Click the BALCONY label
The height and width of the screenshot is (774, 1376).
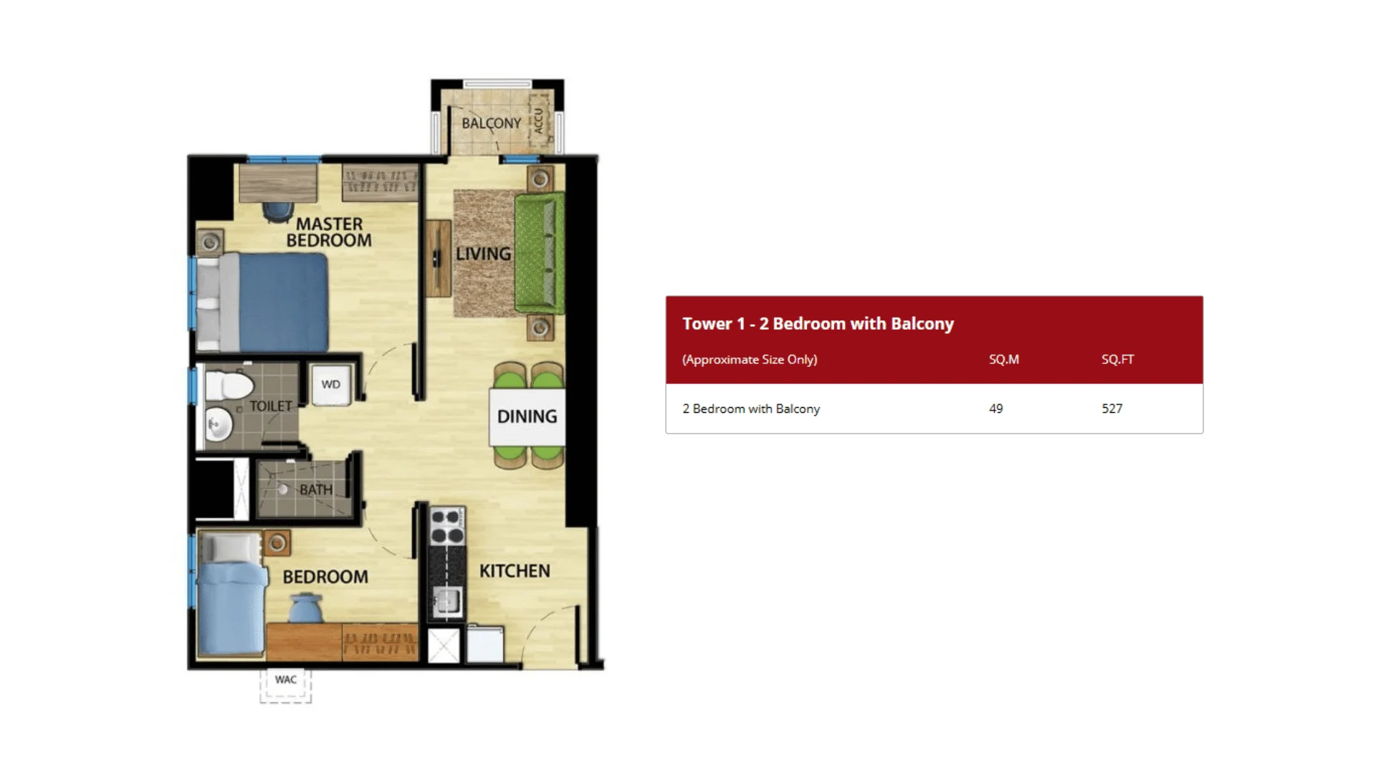coord(491,123)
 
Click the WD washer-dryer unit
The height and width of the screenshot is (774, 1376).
coord(330,385)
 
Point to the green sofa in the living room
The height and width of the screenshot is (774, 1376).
coord(538,254)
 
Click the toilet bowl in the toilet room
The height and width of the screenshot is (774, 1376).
coord(228,386)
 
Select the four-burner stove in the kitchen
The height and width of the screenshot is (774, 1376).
coord(446,526)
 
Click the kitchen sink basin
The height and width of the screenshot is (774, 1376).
coord(447,600)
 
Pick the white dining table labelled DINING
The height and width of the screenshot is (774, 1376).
coord(527,416)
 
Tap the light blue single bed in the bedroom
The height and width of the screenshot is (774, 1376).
coord(230,608)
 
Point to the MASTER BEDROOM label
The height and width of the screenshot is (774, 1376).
coord(329,232)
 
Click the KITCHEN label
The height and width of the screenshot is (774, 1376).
coord(515,571)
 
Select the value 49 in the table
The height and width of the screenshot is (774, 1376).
coord(995,408)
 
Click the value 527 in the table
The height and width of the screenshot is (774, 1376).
coord(1112,408)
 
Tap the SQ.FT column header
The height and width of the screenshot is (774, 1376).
coord(1117,359)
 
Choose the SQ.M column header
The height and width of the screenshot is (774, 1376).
coord(1003,359)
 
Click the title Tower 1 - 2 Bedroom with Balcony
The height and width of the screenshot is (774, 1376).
coord(818,324)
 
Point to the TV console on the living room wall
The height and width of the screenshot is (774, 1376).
coord(437,258)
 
